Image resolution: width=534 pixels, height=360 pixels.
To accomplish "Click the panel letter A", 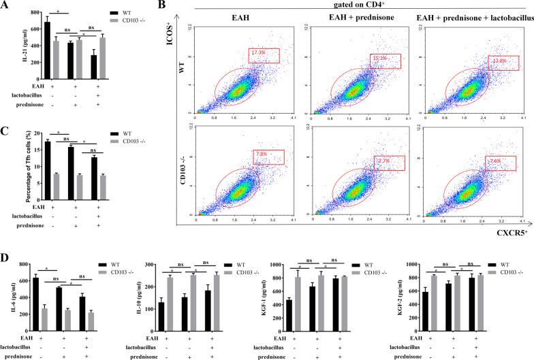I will pyautogui.click(x=5, y=6).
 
